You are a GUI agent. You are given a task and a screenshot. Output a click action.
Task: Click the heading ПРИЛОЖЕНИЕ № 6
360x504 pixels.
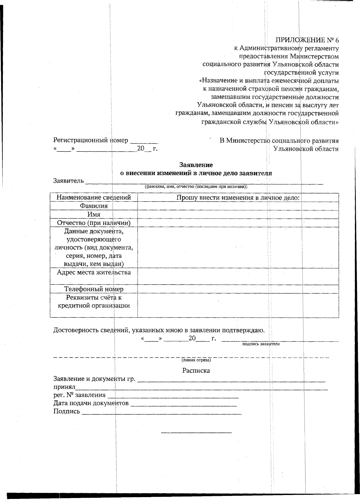[307, 40]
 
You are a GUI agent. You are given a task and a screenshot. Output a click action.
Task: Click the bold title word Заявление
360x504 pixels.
[196, 165]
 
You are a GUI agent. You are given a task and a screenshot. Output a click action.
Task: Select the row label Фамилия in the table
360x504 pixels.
[94, 206]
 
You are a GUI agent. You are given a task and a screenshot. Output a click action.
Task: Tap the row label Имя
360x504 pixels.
[94, 214]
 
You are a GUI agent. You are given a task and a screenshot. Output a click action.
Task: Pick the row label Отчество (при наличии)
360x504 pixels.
[94, 223]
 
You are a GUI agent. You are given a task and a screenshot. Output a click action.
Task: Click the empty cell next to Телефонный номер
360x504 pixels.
[238, 289]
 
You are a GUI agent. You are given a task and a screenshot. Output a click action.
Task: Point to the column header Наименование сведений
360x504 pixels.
[94, 198]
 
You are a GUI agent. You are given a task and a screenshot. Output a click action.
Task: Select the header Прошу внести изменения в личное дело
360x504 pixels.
[238, 198]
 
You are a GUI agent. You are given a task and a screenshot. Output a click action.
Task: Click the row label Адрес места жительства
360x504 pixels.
[94, 272]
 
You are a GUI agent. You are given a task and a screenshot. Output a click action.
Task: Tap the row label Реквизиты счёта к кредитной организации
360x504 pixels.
[94, 302]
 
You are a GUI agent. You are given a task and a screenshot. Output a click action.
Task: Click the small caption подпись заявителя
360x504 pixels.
[261, 344]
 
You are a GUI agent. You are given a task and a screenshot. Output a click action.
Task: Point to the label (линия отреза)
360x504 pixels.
[196, 360]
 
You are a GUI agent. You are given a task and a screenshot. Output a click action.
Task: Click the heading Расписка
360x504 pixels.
[196, 371]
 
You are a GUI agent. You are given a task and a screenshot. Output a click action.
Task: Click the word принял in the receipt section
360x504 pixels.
[64, 387]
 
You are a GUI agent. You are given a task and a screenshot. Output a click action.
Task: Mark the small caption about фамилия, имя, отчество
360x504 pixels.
[196, 186]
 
